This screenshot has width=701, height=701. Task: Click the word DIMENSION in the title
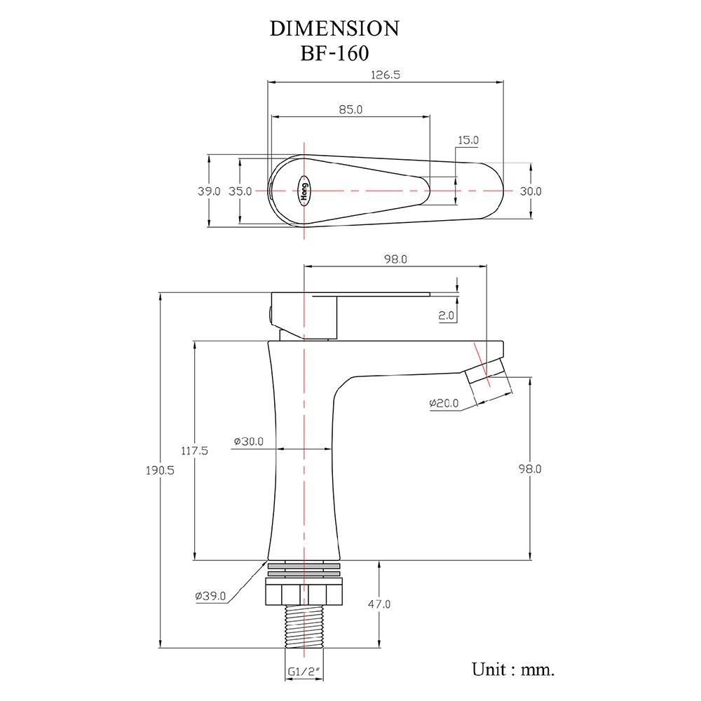(334, 28)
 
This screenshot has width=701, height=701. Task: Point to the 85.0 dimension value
(350, 109)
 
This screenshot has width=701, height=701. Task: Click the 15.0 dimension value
(468, 140)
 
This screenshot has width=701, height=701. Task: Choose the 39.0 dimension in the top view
(209, 191)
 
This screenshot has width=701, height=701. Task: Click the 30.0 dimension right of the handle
(531, 191)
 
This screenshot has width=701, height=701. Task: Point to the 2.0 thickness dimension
(447, 316)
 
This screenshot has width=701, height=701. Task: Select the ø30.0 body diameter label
(249, 442)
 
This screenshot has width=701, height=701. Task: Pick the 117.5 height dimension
(195, 451)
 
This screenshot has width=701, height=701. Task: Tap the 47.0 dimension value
(379, 604)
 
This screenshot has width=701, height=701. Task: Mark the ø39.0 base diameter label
(210, 597)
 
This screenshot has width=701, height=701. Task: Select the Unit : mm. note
(513, 669)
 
